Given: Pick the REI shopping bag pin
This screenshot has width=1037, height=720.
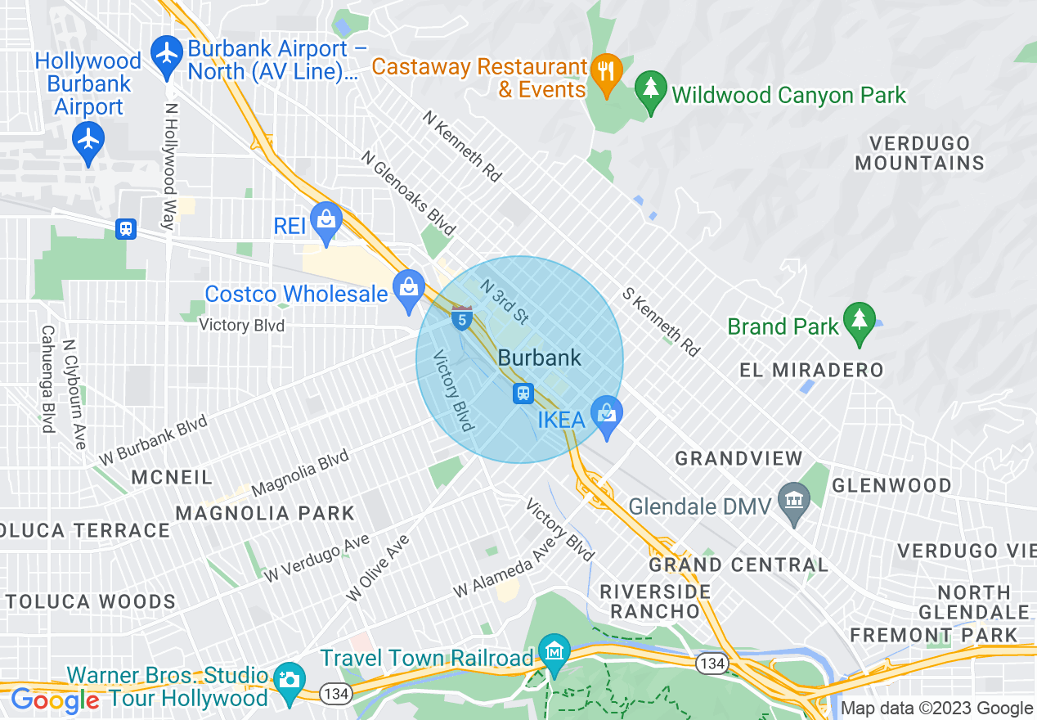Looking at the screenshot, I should tap(326, 221).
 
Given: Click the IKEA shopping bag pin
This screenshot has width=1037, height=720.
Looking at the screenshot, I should tap(606, 413).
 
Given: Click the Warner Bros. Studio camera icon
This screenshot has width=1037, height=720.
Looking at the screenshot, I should tap(288, 679).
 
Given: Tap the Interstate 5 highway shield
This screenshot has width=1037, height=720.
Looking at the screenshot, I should tap(462, 318).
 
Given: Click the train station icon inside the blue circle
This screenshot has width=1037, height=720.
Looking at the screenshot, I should tap(523, 394).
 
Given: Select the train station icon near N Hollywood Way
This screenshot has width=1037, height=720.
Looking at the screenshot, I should tap(126, 228).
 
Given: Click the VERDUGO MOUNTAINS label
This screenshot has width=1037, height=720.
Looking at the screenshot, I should tap(919, 153).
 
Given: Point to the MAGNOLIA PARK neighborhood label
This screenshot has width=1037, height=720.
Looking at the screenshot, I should tap(266, 513).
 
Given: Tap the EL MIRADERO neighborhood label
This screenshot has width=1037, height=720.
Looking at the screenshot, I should tap(811, 370).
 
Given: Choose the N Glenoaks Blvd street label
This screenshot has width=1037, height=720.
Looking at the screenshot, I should tap(408, 193).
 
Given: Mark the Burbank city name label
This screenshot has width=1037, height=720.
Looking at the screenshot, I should tap(540, 358).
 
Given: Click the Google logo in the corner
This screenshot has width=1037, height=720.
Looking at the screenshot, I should tap(55, 700).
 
